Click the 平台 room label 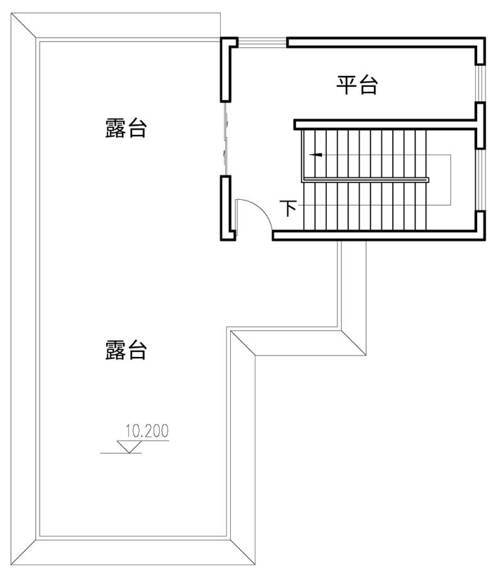coord(356,85)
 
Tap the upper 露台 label coord(126,128)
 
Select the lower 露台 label coord(126,350)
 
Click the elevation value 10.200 coord(147,431)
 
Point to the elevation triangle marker coord(129,447)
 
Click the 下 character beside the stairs coord(289,208)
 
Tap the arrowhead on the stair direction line coord(317,155)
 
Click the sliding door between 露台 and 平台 coord(226,138)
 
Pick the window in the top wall coord(262,42)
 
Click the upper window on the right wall coord(480,84)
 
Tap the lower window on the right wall coord(480,180)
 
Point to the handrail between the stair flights coord(365,180)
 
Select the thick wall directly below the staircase coord(378,236)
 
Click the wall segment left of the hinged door coord(226,208)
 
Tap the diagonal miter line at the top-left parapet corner coord(23,26)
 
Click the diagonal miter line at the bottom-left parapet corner coord(23,552)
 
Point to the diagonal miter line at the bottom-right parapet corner coord(243,552)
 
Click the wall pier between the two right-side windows coord(480,126)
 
